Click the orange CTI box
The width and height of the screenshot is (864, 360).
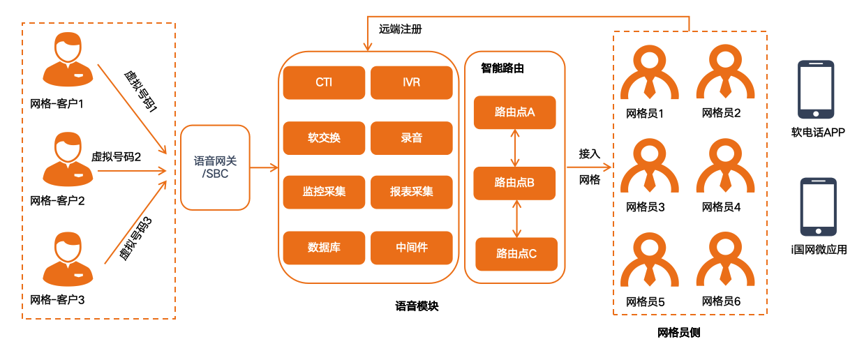324,82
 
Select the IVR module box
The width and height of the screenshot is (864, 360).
411,82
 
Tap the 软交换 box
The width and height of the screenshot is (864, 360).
324,137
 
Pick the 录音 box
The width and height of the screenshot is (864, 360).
411,137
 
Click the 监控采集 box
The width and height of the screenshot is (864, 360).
324,192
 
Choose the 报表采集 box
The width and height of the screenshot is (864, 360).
411,192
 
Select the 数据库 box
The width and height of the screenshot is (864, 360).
324,247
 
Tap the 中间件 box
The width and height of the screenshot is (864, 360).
411,247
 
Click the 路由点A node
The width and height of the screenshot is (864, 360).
515,112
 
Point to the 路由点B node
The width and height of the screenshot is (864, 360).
515,183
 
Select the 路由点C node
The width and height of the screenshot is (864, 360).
516,254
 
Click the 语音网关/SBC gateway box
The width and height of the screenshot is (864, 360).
215,167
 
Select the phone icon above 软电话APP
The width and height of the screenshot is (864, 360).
816,89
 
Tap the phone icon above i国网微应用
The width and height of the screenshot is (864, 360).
818,207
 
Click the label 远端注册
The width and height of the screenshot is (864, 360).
400,29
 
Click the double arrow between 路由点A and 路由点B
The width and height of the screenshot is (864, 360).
515,148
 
